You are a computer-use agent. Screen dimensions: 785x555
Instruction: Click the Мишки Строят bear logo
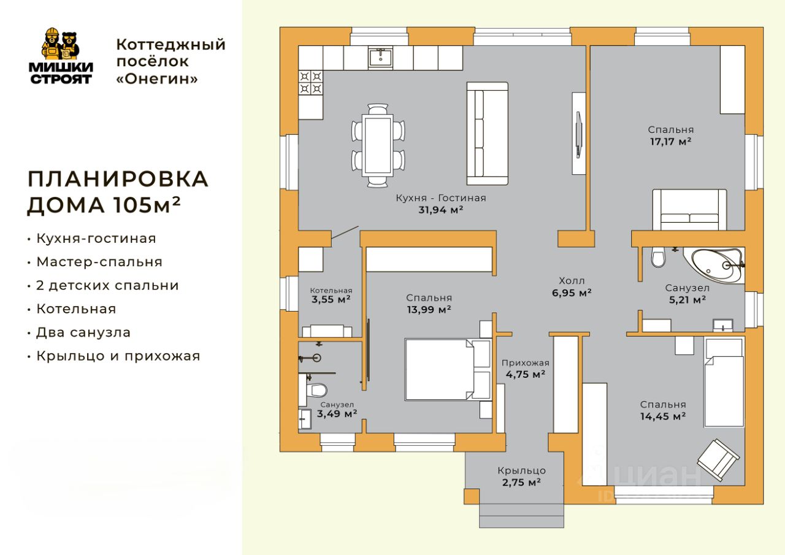[61, 56]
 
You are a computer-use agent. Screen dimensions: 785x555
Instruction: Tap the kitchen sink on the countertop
[381, 58]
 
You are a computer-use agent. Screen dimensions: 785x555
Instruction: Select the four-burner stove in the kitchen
[310, 83]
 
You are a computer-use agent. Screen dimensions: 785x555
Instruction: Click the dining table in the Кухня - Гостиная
[378, 146]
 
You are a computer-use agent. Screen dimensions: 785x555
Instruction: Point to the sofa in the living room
[487, 134]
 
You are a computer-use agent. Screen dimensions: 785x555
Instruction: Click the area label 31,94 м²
[441, 210]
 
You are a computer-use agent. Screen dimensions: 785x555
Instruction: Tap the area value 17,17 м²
[671, 142]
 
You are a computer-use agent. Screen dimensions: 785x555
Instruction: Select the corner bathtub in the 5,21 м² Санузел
[714, 266]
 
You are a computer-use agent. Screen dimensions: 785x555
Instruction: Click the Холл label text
[572, 281]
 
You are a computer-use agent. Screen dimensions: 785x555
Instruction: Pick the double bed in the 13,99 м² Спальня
[448, 369]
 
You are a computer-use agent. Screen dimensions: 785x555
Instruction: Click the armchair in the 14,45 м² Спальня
[718, 460]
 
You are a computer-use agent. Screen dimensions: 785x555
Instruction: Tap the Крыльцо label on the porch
[521, 471]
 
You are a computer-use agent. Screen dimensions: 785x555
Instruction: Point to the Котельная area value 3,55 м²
[331, 299]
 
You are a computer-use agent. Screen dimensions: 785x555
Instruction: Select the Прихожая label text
[525, 363]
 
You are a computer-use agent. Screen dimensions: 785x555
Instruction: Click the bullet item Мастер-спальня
[99, 262]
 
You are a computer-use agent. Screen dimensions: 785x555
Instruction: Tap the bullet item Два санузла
[83, 332]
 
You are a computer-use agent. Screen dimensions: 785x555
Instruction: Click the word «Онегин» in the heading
[157, 79]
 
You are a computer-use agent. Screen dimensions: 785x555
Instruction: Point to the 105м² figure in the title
[147, 205]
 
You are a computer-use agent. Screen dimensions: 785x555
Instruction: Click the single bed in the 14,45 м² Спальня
[724, 382]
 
